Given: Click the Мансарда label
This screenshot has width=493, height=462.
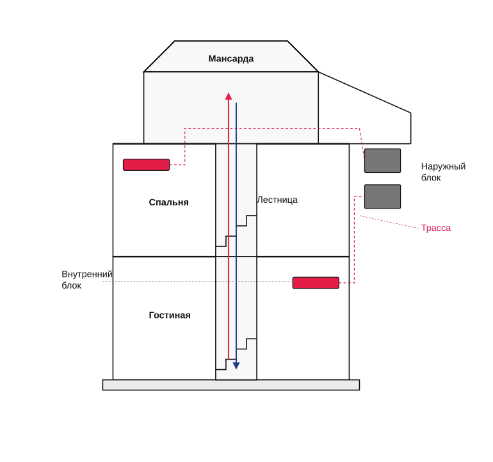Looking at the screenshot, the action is click(x=230, y=59).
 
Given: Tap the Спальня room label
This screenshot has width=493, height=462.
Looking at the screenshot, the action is click(x=168, y=202).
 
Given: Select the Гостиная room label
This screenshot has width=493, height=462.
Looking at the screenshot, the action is click(x=170, y=315).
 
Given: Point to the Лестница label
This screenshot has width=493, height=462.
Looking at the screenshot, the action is click(x=277, y=200).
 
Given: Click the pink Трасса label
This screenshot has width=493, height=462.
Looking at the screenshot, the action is click(x=436, y=228).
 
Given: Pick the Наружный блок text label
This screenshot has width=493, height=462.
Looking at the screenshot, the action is click(x=443, y=172).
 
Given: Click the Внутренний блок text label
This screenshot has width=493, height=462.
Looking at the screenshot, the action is click(x=87, y=280).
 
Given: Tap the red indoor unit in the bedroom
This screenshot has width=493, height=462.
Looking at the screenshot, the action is click(x=146, y=164).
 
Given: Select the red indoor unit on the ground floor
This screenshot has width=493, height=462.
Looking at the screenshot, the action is click(x=316, y=283).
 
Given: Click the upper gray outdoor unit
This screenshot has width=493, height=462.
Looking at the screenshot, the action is click(x=382, y=161).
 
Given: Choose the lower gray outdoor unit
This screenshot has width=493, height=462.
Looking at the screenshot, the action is click(x=382, y=196).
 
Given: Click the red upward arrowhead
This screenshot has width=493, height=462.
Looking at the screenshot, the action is click(x=229, y=96).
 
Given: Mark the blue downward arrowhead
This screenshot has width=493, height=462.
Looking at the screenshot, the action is click(x=236, y=365).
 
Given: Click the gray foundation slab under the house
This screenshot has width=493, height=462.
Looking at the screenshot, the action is click(x=230, y=385).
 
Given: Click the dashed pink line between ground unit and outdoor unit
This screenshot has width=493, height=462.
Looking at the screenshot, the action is click(x=354, y=239).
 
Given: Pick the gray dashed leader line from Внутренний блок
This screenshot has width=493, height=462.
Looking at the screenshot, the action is click(x=197, y=281).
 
